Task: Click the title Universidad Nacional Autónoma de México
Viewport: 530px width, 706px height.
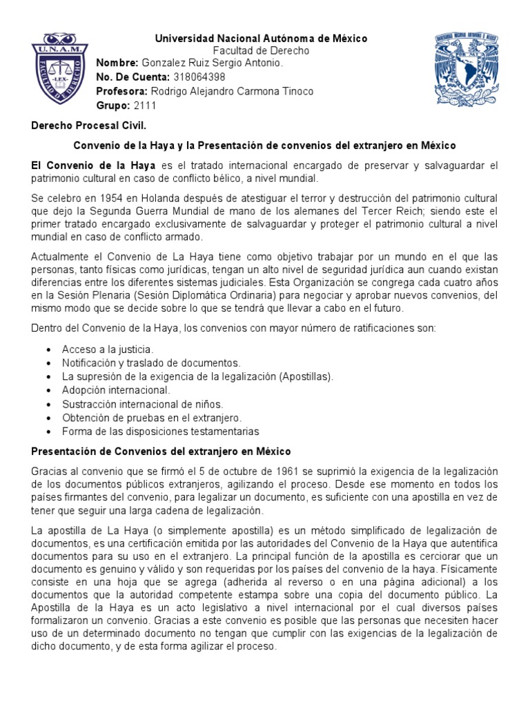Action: click(x=261, y=39)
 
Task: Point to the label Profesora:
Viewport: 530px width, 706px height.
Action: click(x=122, y=92)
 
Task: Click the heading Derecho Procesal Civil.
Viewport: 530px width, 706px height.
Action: click(x=89, y=126)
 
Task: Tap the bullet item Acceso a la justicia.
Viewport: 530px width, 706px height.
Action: click(x=108, y=349)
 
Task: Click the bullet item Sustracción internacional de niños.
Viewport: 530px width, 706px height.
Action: click(x=142, y=404)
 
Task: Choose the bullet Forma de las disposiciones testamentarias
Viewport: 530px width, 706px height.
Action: click(x=160, y=432)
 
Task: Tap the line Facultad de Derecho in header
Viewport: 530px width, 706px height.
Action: click(x=261, y=51)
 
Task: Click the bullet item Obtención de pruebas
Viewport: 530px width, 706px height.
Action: click(x=151, y=418)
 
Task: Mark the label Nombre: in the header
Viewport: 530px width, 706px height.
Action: click(x=117, y=63)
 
